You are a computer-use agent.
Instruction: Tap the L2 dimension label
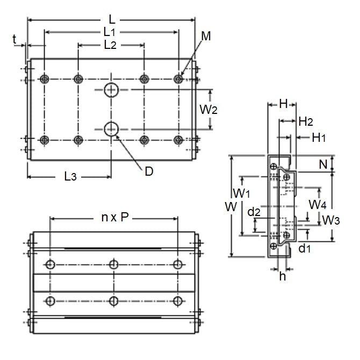coord(110,45)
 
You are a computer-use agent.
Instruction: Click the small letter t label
coord(15,38)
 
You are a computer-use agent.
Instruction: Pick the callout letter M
coord(206,37)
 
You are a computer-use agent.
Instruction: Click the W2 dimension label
coord(208,110)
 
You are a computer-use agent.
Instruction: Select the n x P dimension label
coord(115,217)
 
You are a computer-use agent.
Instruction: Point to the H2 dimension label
coord(306,122)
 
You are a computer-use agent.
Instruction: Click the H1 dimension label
coord(319,138)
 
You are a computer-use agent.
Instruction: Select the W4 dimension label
coord(318,205)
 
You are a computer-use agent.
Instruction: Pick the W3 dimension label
coord(330,220)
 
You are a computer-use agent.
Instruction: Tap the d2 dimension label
coord(254,213)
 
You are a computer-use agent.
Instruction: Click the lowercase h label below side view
coord(282,277)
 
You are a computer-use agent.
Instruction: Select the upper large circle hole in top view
coord(112,90)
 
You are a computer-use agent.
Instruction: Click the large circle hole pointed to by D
coord(112,128)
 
